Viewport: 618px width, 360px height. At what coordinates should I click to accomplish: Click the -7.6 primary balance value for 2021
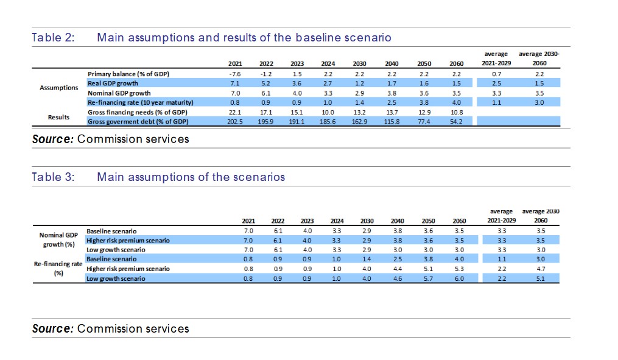(x=235, y=73)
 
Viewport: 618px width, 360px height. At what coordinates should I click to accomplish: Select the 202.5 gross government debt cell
(x=234, y=122)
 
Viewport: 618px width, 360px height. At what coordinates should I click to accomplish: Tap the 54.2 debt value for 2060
(x=456, y=122)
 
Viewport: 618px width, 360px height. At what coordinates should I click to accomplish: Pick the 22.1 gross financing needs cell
(x=235, y=112)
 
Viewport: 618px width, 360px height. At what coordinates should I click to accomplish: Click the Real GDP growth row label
(x=113, y=83)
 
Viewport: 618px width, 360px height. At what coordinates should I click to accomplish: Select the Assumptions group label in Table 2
(x=59, y=88)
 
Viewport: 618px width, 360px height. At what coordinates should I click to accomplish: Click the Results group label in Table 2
(x=59, y=117)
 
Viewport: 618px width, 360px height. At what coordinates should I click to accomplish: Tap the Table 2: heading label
(x=53, y=38)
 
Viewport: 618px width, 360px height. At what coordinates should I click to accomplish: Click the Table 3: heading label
(x=53, y=177)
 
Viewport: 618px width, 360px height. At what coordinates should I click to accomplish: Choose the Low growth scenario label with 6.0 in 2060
(x=116, y=278)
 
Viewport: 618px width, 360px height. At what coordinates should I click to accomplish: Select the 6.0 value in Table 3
(x=459, y=278)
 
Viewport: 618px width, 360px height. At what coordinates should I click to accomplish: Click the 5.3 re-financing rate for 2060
(x=459, y=269)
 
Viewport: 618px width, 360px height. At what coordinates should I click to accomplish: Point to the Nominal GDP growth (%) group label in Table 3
(x=59, y=239)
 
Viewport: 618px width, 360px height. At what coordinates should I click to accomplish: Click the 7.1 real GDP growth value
(x=235, y=83)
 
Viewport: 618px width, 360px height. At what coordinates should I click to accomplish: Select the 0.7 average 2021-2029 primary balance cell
(x=496, y=73)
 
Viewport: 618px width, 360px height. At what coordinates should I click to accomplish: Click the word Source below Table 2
(x=52, y=139)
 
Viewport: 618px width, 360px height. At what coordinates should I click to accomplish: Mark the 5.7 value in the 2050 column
(x=428, y=278)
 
